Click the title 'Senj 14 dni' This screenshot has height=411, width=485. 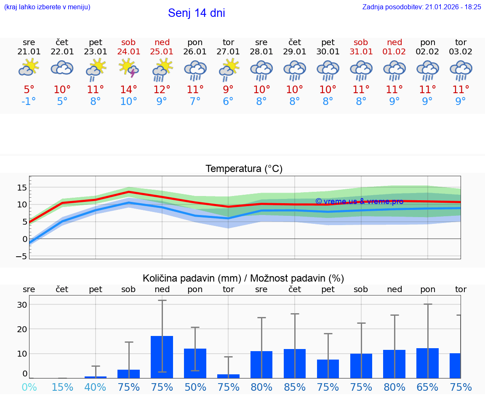coord(197,13)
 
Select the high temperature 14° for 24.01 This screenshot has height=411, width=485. coord(129,89)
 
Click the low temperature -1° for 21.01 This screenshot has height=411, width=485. coord(29,101)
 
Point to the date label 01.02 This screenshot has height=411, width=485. coord(394,51)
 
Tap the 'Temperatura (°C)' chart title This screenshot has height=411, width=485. coord(244,169)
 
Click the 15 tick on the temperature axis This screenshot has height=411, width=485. coord(22,187)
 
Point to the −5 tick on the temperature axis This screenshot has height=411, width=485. coord(21,256)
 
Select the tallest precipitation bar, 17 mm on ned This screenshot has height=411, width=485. coord(162,357)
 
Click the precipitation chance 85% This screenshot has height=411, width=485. coord(295,387)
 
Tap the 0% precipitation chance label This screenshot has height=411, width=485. coord(29,387)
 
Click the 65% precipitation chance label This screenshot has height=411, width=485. coord(428,387)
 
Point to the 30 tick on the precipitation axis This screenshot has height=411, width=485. coord(22,305)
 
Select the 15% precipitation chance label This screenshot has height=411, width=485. coord(62,387)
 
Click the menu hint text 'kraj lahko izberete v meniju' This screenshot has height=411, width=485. coord(47,7)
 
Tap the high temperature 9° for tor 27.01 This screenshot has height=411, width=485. coord(228,89)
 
